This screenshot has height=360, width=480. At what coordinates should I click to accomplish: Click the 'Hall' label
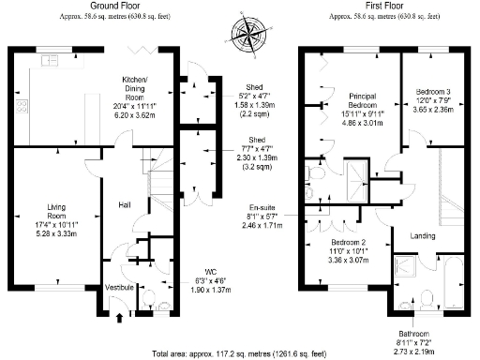pyautogui.click(x=124, y=204)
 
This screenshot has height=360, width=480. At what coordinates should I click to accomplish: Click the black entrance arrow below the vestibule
pyautogui.click(x=118, y=319)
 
